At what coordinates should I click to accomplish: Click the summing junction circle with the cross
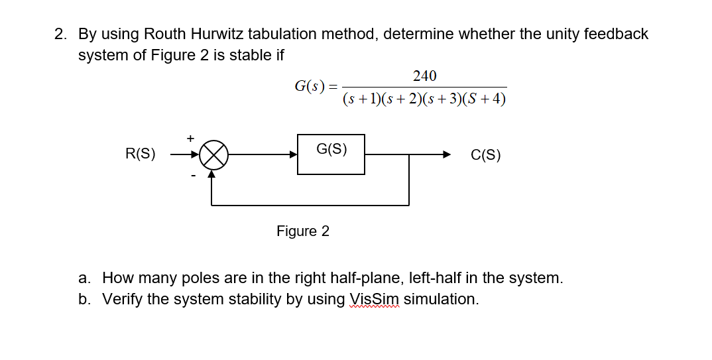tap(214, 155)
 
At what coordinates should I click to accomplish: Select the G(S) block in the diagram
tap(331, 155)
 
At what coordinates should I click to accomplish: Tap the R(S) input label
tap(141, 155)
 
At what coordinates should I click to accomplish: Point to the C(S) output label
tap(485, 156)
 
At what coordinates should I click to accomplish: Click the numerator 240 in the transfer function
tap(424, 76)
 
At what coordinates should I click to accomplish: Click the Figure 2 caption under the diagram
tap(303, 231)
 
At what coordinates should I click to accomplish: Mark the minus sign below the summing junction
tap(193, 176)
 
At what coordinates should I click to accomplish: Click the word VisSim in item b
tap(375, 299)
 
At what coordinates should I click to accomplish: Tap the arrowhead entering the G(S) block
tap(293, 155)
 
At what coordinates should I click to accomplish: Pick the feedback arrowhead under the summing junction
tap(212, 174)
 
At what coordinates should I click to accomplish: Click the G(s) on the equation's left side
tap(310, 86)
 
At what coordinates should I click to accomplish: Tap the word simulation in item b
tap(441, 299)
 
